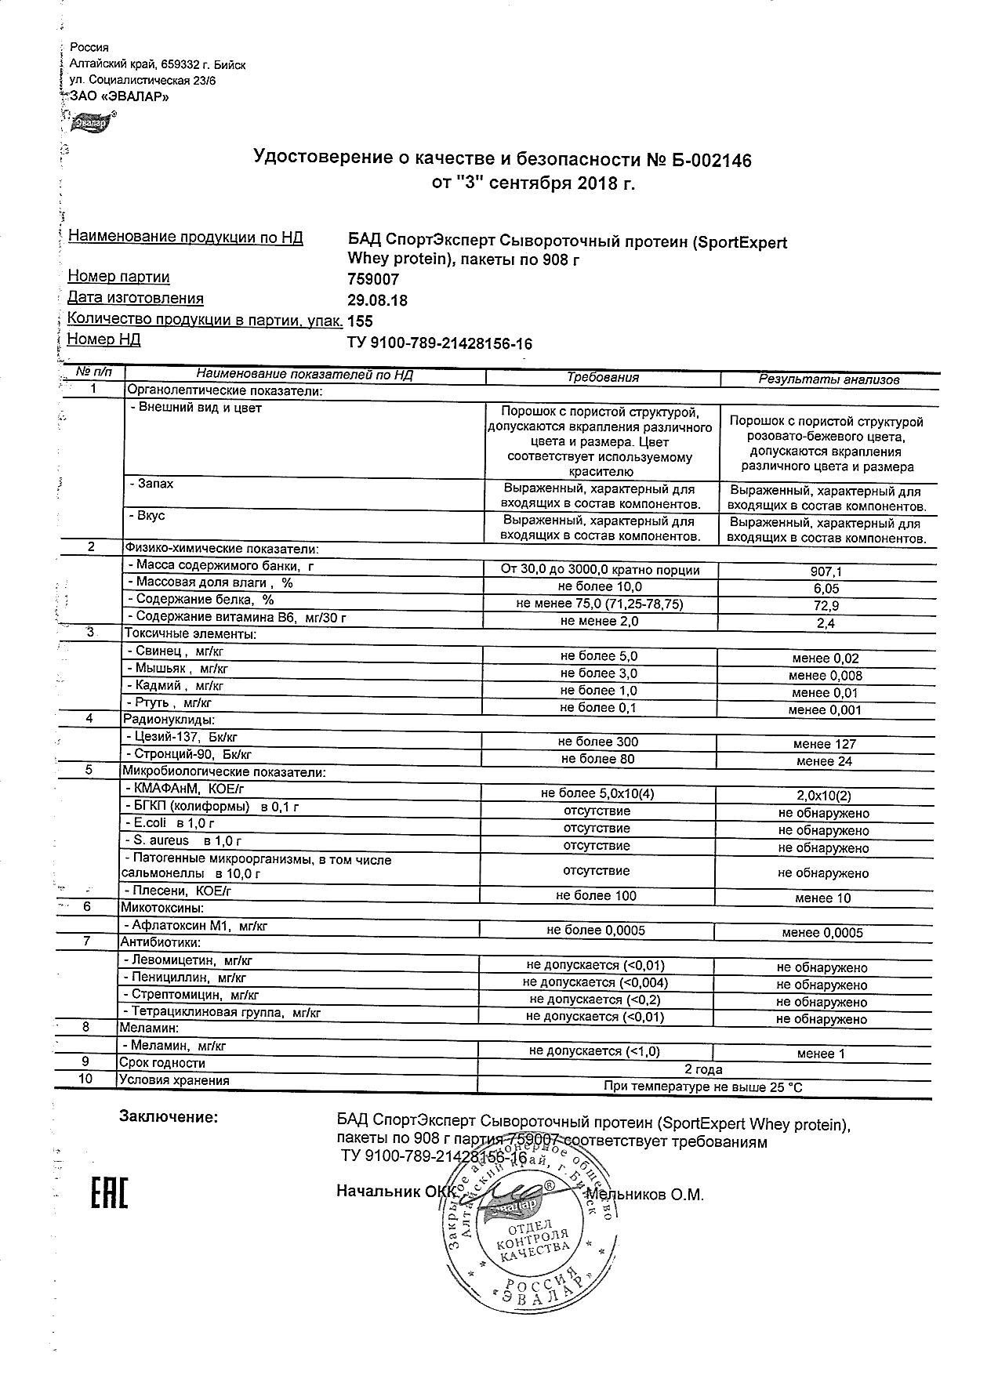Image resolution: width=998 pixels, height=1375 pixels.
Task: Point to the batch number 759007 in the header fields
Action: tap(373, 279)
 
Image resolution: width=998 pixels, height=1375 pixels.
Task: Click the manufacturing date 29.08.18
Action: tap(377, 300)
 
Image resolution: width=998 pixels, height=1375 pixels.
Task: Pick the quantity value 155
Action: tap(360, 321)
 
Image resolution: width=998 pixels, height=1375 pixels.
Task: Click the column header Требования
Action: tap(602, 378)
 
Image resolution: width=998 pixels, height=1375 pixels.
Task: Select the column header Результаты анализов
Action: tap(828, 379)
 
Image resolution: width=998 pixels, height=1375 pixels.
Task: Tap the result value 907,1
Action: tap(825, 572)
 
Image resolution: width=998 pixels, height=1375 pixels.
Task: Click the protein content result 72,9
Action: tap(825, 606)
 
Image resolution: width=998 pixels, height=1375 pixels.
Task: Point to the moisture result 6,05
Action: tap(825, 589)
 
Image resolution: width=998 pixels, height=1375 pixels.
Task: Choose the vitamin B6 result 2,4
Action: tap(825, 623)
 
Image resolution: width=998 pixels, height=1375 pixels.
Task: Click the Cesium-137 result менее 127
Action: tap(825, 744)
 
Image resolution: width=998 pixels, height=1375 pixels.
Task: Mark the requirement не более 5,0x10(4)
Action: tap(598, 793)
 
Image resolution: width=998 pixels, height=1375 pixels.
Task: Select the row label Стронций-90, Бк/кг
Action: tap(189, 755)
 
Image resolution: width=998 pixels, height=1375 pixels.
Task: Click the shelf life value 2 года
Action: tap(703, 1069)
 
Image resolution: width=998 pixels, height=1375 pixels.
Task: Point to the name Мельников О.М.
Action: tap(644, 1195)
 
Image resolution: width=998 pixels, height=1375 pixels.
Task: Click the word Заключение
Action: tap(169, 1116)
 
